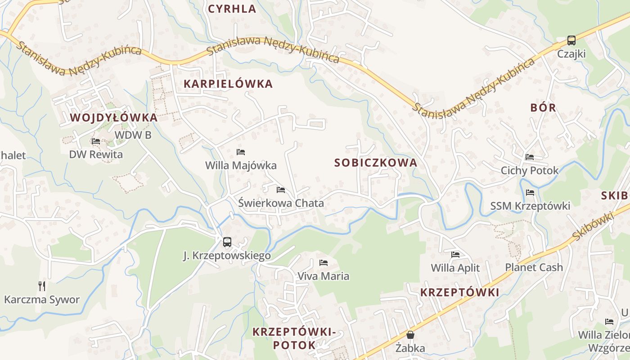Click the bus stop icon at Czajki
pyautogui.click(x=571, y=40)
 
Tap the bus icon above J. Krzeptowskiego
pyautogui.click(x=227, y=242)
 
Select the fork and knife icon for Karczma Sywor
pyautogui.click(x=42, y=286)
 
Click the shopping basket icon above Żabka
pyautogui.click(x=410, y=335)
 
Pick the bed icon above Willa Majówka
pyautogui.click(x=241, y=152)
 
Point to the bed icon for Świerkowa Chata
pyautogui.click(x=281, y=190)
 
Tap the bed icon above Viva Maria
pyautogui.click(x=323, y=263)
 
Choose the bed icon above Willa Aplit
pyautogui.click(x=455, y=255)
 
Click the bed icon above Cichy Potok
pyautogui.click(x=530, y=157)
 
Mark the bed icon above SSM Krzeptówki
pyautogui.click(x=530, y=193)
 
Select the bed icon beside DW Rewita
pyautogui.click(x=95, y=141)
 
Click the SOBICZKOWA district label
pyautogui.click(x=376, y=163)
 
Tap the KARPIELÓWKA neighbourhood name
pyautogui.click(x=228, y=84)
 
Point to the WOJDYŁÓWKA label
pyautogui.click(x=114, y=118)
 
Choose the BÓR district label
pyautogui.click(x=543, y=108)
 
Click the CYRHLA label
pyautogui.click(x=232, y=9)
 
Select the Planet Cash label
pyautogui.click(x=534, y=267)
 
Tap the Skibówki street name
pyautogui.click(x=594, y=226)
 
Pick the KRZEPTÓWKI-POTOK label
pyautogui.click(x=294, y=338)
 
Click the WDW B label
pyautogui.click(x=133, y=135)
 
